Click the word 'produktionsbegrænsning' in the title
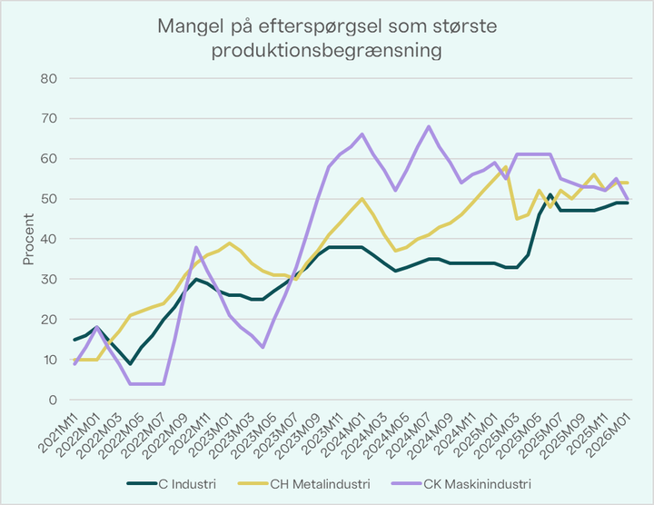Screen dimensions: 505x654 click(x=327, y=51)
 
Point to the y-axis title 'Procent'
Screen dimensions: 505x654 click(x=28, y=239)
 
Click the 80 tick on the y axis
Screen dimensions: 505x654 click(x=50, y=78)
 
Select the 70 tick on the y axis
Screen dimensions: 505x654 click(x=50, y=118)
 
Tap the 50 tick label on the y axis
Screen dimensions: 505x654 click(x=50, y=199)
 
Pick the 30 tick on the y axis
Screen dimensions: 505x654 click(x=50, y=279)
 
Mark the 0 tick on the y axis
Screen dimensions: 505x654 click(x=54, y=400)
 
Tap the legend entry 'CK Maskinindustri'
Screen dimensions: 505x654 click(x=475, y=483)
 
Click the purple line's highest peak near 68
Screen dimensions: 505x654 click(x=428, y=126)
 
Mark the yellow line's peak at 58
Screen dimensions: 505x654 click(x=505, y=167)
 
